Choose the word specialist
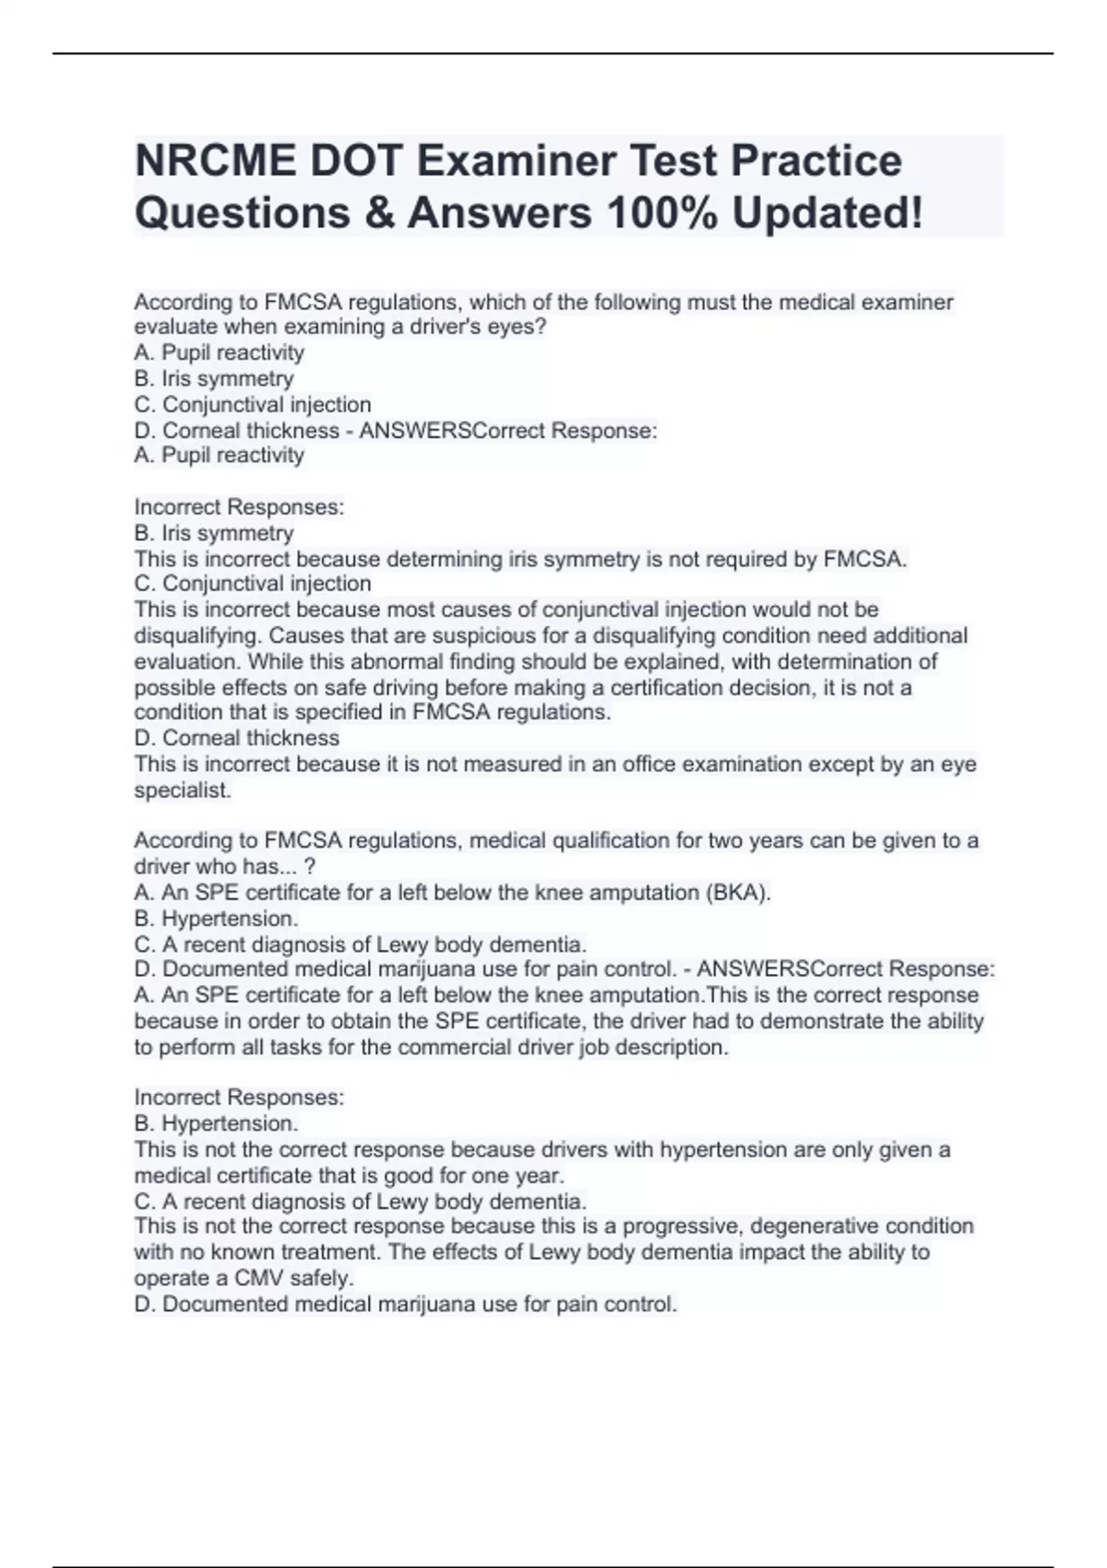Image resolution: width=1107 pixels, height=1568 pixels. pyautogui.click(x=182, y=790)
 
